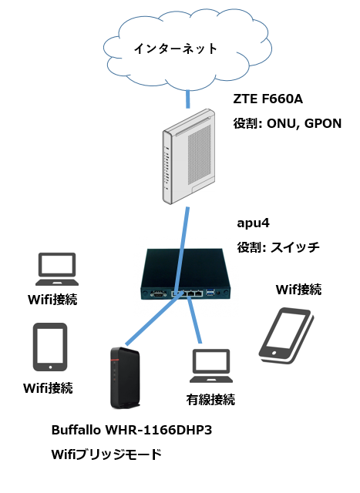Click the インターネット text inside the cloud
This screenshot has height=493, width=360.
pos(176,49)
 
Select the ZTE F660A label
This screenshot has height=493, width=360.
pos(267,99)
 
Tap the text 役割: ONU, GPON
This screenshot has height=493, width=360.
pos(287,123)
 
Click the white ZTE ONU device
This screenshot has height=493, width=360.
pos(189,156)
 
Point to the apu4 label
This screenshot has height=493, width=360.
pos(253,223)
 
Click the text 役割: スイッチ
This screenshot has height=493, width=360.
pos(278,247)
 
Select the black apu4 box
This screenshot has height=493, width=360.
pos(186,273)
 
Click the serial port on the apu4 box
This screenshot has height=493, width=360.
pos(158,294)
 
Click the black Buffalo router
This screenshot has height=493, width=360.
pos(125,377)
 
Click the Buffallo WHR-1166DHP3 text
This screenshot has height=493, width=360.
pos(132,430)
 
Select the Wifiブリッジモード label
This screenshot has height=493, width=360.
pos(106,454)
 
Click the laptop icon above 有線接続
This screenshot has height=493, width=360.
pos(211,365)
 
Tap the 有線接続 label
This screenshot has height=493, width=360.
pos(210,400)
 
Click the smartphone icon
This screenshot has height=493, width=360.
pos(286,334)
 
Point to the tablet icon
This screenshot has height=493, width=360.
pos(50,347)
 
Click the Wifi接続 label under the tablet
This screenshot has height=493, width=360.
pos(48,388)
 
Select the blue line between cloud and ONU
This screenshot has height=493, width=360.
pos(188,99)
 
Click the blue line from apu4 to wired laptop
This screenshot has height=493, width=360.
pos(193,319)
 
